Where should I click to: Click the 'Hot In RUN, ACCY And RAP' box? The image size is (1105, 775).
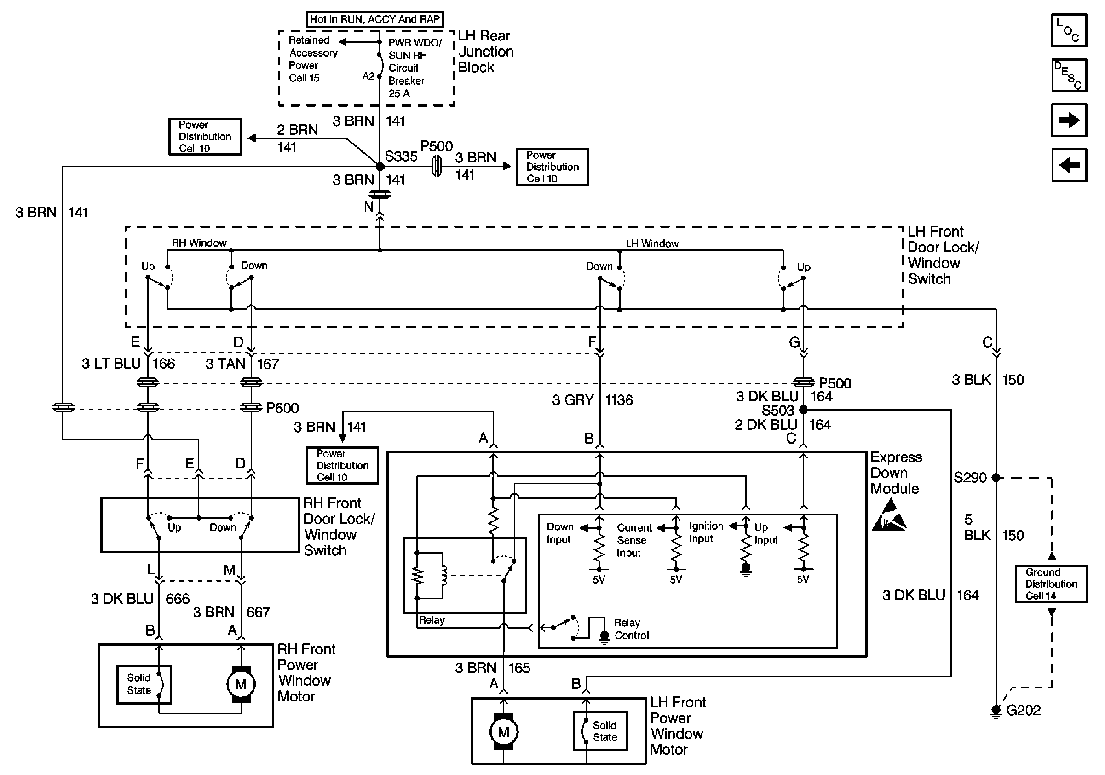(374, 19)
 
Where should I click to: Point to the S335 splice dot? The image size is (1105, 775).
(380, 167)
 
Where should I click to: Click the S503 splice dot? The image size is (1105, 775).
(803, 410)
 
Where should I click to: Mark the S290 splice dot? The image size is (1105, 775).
(996, 478)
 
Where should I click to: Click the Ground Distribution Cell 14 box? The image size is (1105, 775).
(1051, 584)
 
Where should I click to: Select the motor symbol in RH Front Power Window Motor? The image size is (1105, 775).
(241, 684)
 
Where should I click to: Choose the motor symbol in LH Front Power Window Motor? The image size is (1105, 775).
(503, 732)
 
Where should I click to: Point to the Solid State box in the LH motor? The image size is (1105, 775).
(601, 731)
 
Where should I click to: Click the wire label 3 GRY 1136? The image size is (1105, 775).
(592, 400)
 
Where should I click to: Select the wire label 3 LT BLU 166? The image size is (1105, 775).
(128, 364)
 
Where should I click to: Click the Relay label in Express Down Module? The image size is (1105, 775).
(431, 620)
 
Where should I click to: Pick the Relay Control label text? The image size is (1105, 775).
(631, 629)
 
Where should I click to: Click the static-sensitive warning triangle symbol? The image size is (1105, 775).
(889, 515)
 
